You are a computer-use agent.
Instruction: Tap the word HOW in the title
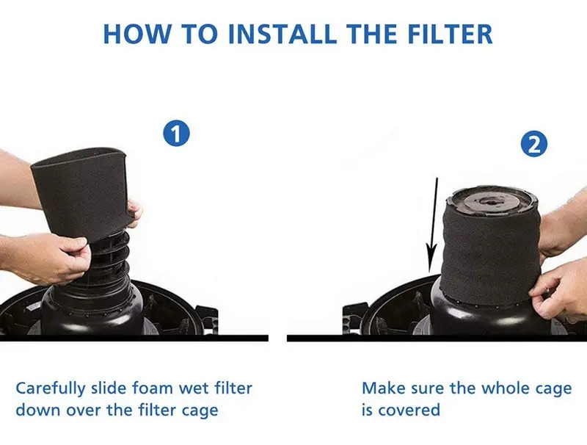(136, 34)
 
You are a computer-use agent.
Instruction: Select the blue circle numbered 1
(176, 134)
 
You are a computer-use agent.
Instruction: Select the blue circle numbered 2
(534, 144)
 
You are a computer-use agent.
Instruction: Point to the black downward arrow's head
(431, 258)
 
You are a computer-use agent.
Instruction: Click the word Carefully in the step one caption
(51, 388)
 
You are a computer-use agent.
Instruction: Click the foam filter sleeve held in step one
(82, 191)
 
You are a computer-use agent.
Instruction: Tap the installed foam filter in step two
(490, 255)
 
